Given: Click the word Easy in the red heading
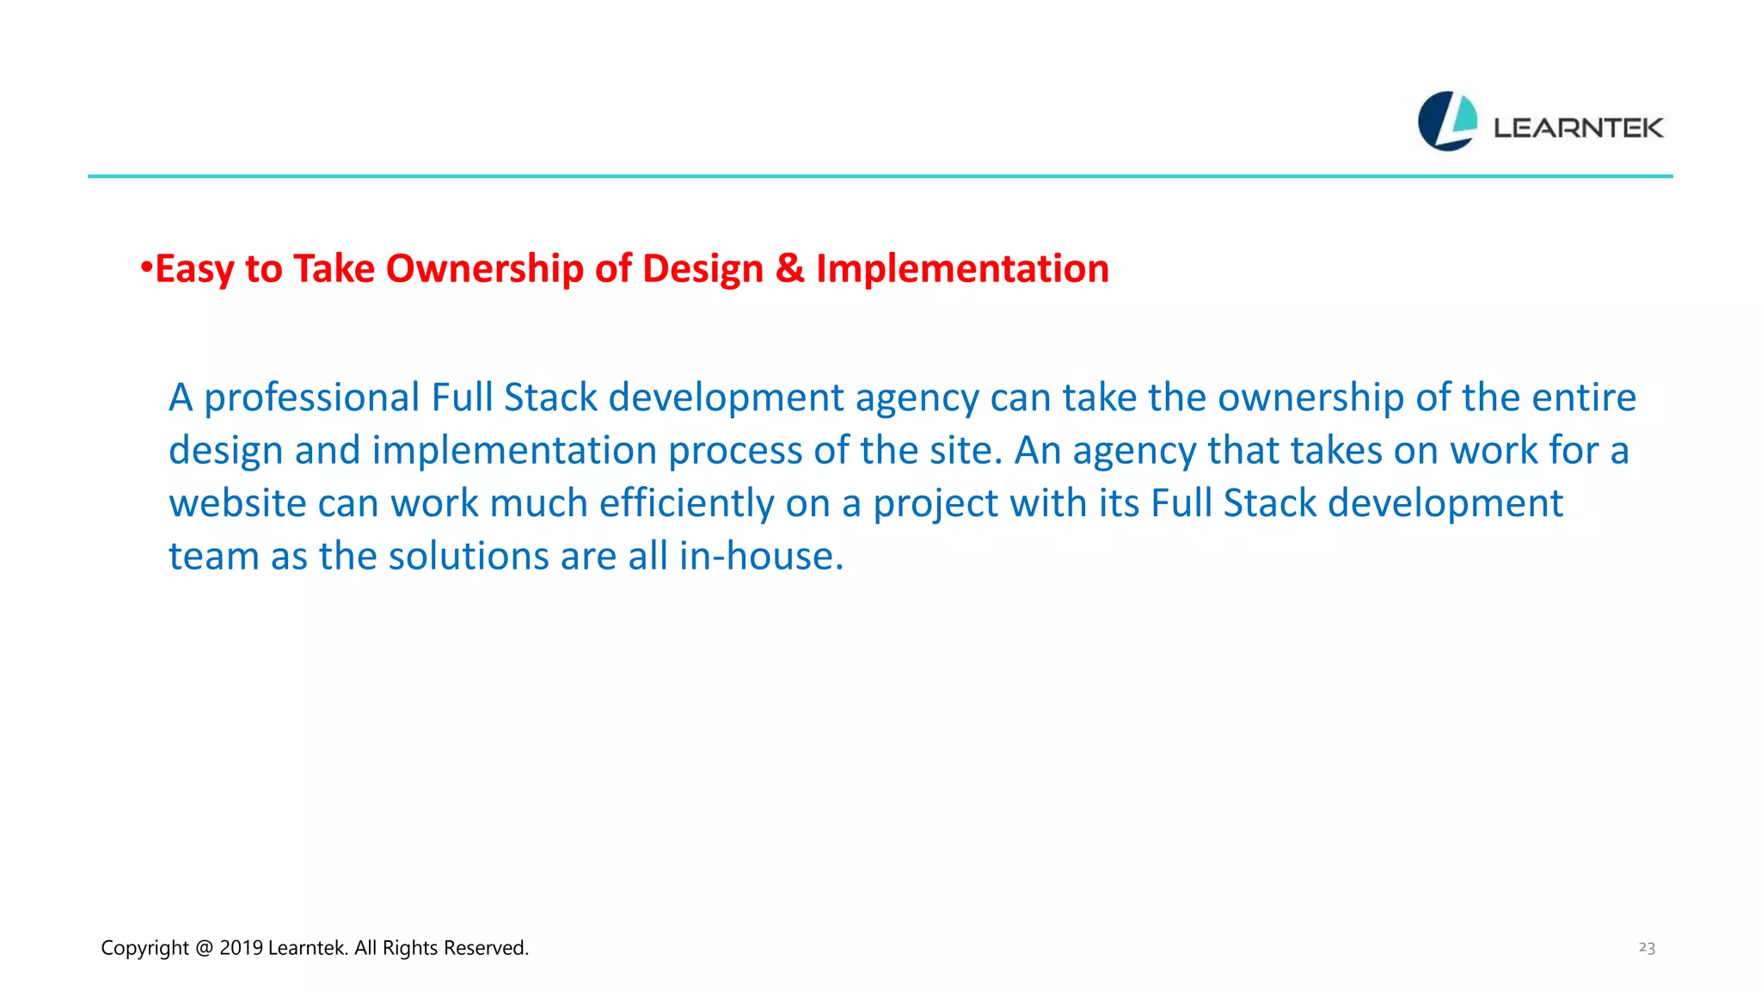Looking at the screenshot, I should pos(193,269).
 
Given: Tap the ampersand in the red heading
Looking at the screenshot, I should pos(789,268).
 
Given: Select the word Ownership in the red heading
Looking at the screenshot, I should pos(484,268).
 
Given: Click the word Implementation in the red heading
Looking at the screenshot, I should pos(962,268).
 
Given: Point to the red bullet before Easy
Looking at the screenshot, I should pos(146,267).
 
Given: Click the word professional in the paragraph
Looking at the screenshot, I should pos(311,398).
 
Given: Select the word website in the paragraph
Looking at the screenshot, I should pos(236,503).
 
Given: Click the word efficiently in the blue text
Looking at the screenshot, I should pos(686,503).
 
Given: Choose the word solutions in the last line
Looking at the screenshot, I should pos(469,556).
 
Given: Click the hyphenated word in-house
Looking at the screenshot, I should pos(761,556).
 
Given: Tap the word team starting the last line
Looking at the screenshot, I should pos(213,556).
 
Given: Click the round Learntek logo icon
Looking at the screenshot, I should pos(1447,121).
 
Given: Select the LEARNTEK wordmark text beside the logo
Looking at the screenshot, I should pos(1578,128).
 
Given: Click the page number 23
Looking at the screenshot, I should pos(1647,947).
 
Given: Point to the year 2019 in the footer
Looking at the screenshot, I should pos(241,948).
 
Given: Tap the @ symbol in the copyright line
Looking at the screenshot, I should pos(204,948).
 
